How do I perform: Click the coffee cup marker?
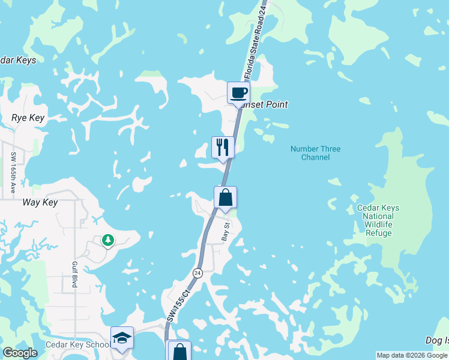238,93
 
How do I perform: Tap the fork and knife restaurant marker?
223,147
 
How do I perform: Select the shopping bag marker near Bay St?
225,197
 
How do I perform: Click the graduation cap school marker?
122,338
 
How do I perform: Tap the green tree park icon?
107,241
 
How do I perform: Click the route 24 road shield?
197,273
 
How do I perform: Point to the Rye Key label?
28,118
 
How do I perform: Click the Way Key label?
40,203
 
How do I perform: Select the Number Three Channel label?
315,153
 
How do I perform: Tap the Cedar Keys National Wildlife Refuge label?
378,220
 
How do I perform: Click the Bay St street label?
226,232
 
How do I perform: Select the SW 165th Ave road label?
13,172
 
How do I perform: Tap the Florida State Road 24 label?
255,42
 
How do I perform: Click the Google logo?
20,353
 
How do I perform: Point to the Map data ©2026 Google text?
411,355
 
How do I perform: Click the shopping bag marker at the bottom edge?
179,351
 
